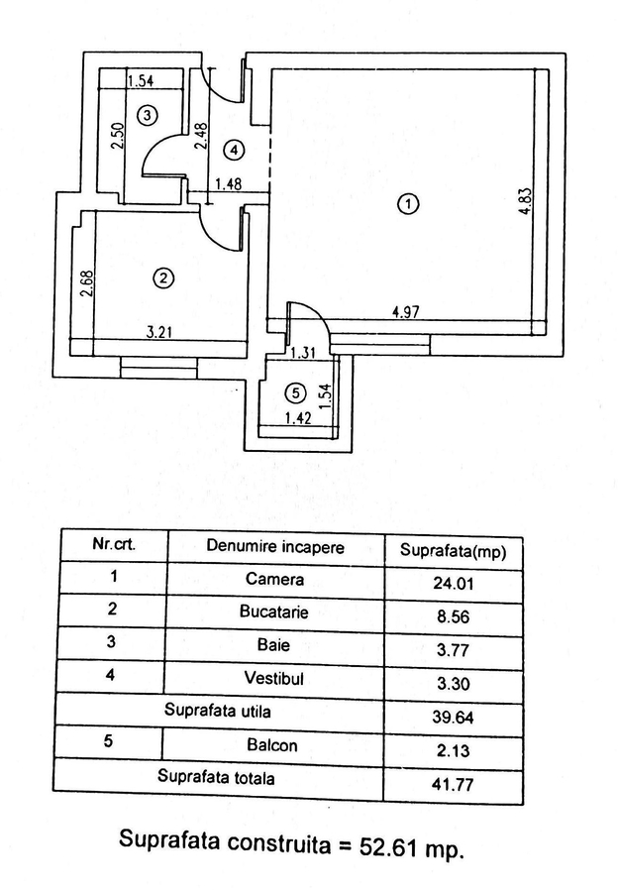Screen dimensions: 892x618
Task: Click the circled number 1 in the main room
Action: tap(407, 205)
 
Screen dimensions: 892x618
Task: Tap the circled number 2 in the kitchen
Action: tap(163, 279)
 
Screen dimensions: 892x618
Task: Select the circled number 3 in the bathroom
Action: tap(147, 116)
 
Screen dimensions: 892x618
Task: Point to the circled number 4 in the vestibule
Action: tap(233, 151)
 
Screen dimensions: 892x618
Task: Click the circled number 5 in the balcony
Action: tap(300, 392)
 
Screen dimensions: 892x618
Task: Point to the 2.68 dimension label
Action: tap(87, 285)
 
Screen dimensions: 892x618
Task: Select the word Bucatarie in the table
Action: tap(274, 612)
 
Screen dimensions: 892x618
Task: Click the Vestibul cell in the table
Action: tap(274, 678)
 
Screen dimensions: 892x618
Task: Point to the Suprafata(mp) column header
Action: tap(452, 551)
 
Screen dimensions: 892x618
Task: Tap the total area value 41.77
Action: tap(452, 784)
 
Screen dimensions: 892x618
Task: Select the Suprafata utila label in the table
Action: tap(218, 711)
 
